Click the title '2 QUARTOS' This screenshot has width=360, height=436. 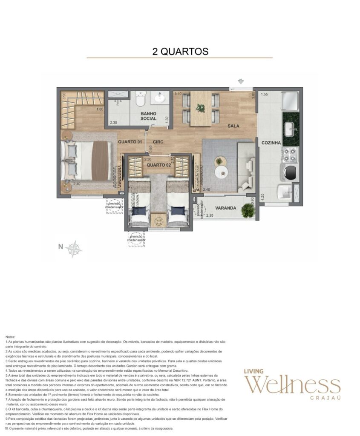[180, 52]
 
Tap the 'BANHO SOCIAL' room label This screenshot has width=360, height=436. [149, 116]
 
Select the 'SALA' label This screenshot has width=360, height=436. [233, 126]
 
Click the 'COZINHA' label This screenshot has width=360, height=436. [271, 143]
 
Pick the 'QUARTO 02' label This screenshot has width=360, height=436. [158, 164]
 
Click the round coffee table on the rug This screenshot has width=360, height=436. [222, 171]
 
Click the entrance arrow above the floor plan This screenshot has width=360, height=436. [241, 81]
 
